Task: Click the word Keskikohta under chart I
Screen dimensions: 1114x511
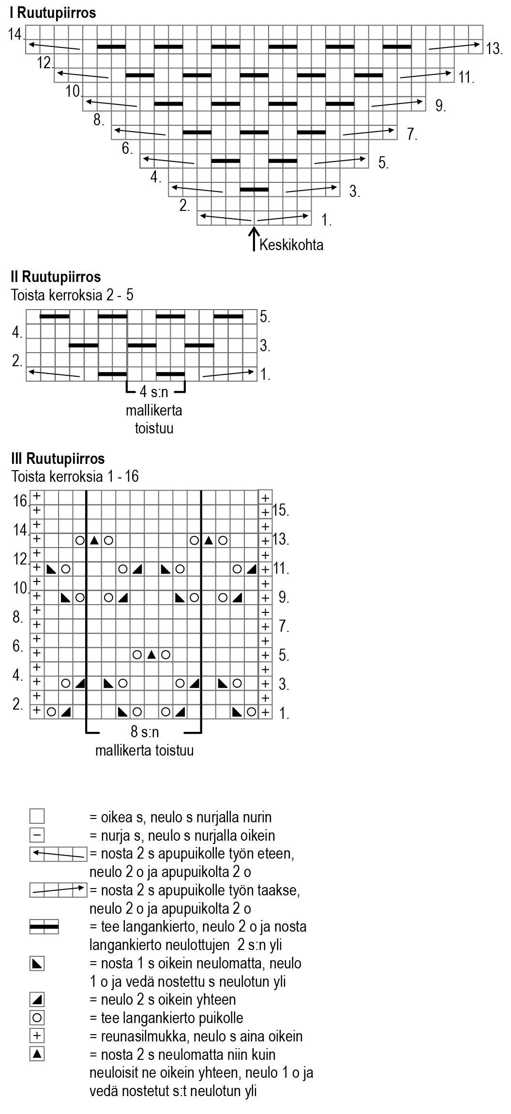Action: [291, 245]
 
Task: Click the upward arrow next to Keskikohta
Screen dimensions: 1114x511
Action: [254, 239]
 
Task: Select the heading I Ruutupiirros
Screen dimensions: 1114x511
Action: [53, 13]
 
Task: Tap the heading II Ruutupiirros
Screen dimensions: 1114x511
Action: [56, 277]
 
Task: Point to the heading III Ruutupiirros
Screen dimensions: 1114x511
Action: [58, 458]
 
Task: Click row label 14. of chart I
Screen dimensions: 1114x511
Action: [16, 34]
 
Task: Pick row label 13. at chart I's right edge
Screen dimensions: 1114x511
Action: [495, 48]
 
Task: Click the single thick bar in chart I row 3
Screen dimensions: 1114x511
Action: [254, 189]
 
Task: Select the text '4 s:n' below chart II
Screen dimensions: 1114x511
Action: [154, 392]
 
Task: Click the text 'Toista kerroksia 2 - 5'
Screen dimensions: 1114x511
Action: [72, 295]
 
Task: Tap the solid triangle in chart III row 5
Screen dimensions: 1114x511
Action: [151, 655]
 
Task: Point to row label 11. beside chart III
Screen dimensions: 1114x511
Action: [281, 568]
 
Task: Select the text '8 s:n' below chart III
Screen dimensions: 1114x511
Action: [145, 732]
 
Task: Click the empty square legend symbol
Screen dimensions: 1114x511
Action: [37, 817]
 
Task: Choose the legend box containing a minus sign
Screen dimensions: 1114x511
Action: [37, 835]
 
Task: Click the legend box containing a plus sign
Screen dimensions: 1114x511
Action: [37, 1036]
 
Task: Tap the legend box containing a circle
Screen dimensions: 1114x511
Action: [37, 1018]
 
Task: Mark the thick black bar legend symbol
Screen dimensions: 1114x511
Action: [44, 927]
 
